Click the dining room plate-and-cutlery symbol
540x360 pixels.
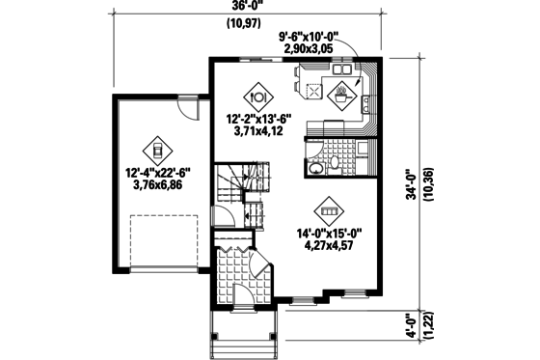point(257,97)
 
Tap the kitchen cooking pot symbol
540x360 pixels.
point(342,95)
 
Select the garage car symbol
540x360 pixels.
point(156,150)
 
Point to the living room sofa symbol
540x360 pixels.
point(330,210)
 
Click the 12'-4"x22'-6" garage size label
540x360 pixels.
point(156,173)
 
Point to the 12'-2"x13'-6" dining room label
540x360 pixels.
point(256,120)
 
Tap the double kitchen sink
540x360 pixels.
point(342,71)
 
